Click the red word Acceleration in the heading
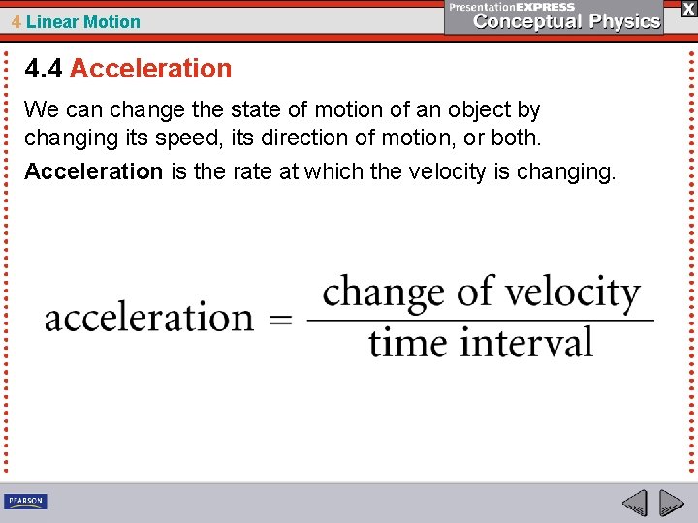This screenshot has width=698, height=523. click(x=150, y=69)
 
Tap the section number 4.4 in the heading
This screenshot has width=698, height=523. click(x=45, y=69)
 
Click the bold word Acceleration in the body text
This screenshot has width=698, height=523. click(x=93, y=171)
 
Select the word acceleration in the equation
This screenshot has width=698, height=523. click(x=148, y=318)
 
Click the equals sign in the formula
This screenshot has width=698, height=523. click(x=280, y=320)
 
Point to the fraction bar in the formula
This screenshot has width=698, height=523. click(x=480, y=320)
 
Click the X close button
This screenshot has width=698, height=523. click(x=687, y=9)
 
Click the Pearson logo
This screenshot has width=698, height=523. click(x=25, y=501)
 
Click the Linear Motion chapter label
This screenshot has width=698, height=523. click(x=83, y=21)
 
